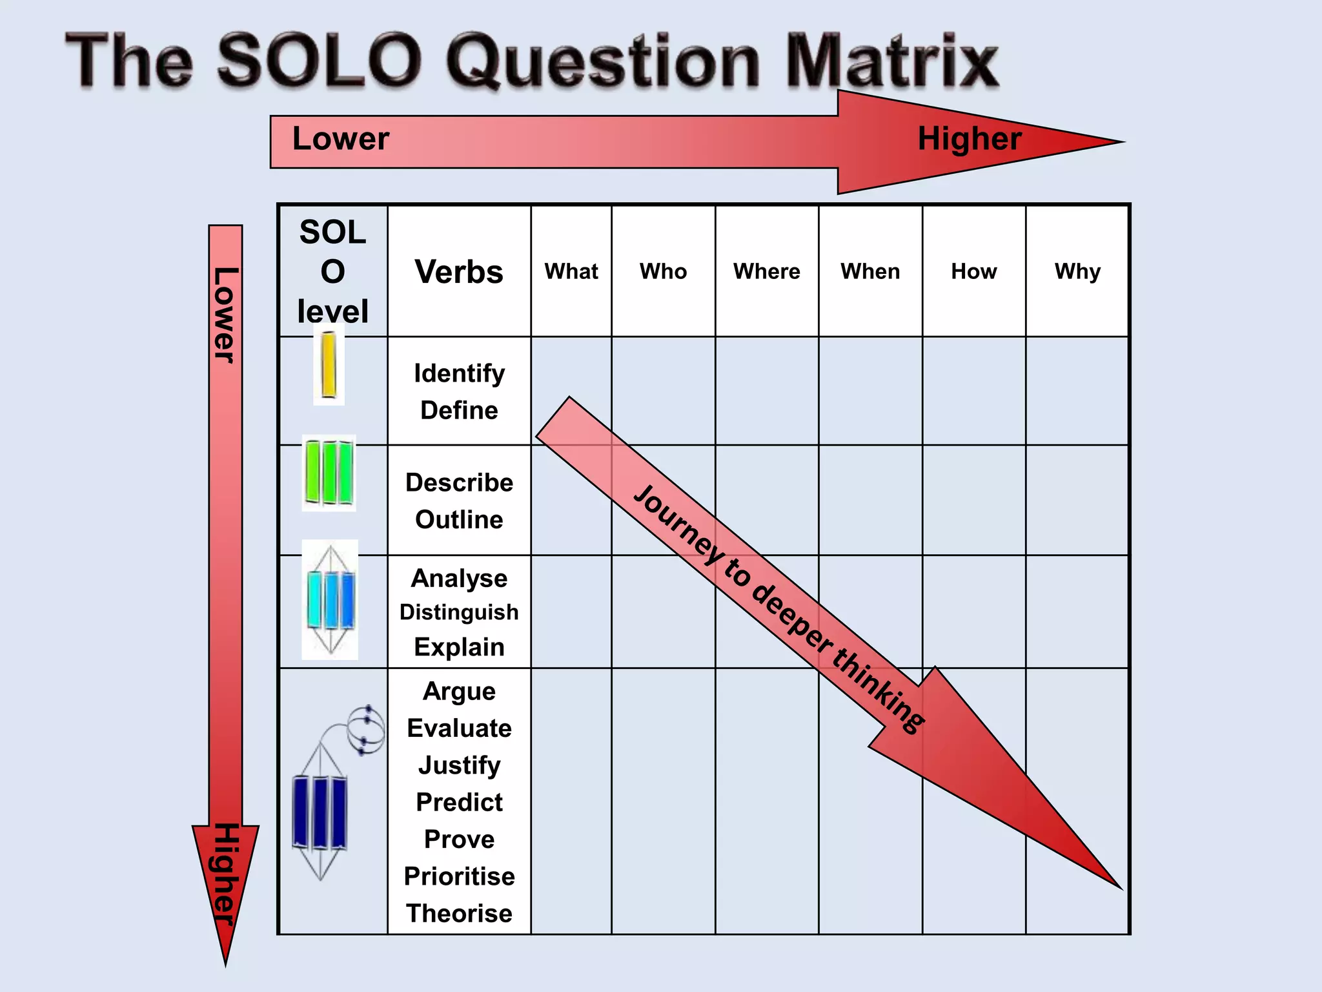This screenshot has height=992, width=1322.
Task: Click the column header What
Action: coord(571,271)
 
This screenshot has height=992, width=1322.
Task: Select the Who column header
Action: coord(663,271)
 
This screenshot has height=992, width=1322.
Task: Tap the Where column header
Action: coord(766,271)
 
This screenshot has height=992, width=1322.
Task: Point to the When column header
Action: coord(870,271)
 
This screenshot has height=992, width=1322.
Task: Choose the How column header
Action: coord(973,271)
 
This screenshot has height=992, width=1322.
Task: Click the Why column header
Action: coord(1077,271)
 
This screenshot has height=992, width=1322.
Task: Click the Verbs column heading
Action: coord(459,272)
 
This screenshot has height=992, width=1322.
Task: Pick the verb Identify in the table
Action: coord(459,373)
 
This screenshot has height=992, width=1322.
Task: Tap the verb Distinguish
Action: coord(459,612)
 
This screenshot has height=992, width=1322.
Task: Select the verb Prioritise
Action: coord(459,876)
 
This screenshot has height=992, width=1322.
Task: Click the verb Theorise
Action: coord(459,913)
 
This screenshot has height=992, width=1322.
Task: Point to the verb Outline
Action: coord(459,519)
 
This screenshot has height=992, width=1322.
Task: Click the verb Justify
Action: coord(459,765)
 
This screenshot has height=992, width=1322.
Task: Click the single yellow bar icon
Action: coord(329,365)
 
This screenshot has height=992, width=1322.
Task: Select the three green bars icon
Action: coord(329,473)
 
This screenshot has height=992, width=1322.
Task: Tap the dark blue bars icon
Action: coord(320,812)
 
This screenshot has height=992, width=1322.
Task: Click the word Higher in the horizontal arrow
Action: coord(970,139)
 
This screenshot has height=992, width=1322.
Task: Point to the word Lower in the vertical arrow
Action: coord(225,315)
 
